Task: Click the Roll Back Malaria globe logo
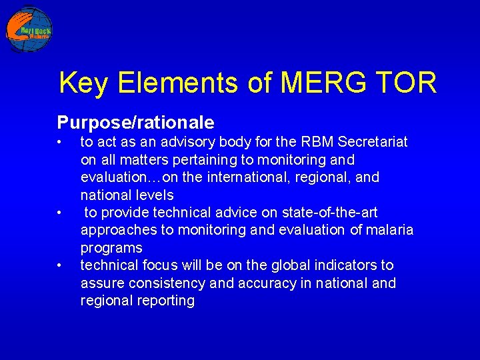tap(29, 29)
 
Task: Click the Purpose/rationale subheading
tap(135, 123)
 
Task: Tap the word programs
tap(111, 248)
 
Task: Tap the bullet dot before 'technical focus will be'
tap(59, 266)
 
